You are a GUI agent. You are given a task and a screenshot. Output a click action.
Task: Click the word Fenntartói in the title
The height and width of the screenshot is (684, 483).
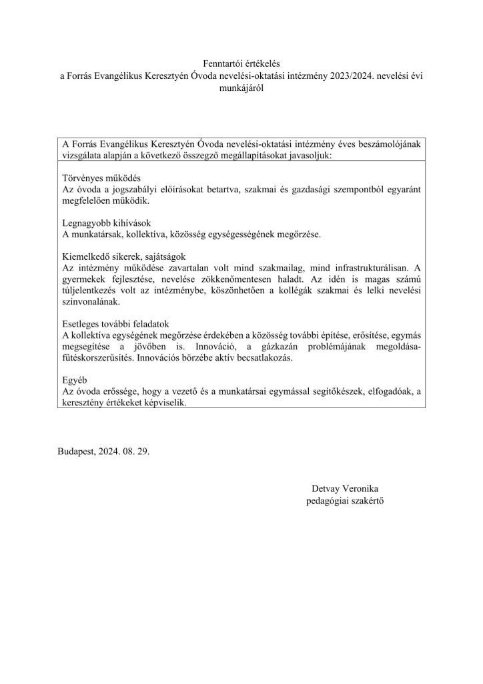[x=221, y=62]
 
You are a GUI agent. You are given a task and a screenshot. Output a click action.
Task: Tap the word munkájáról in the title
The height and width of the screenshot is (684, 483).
[x=241, y=90]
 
